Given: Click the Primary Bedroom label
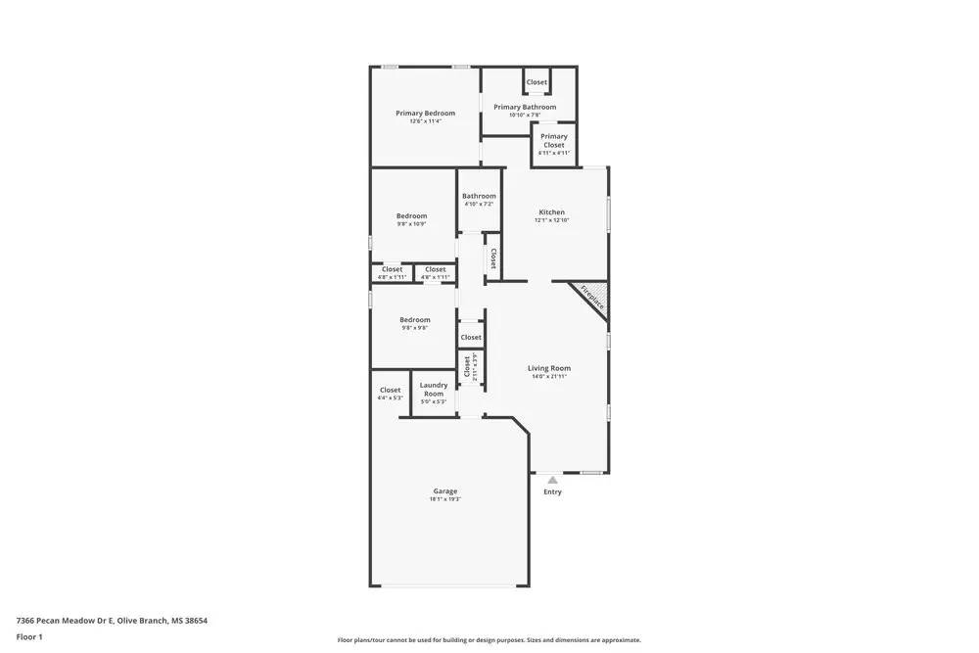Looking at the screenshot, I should coord(425,114).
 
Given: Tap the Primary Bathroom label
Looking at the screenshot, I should coord(525,108).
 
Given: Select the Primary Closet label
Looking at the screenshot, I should coord(554,141).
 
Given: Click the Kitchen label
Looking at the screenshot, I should coord(552,212).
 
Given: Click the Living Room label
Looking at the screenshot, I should coord(549,368).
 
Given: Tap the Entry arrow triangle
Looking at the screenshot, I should coord(552,480).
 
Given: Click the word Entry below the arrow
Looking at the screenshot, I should coord(552,492).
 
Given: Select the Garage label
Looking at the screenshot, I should coord(445,491).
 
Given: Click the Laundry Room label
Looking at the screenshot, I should coord(434,390).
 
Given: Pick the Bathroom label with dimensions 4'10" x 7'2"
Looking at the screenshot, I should coord(480,196).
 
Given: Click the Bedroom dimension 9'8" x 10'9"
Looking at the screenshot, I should coord(411,224).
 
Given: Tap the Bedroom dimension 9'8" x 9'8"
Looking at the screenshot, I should coord(414,328).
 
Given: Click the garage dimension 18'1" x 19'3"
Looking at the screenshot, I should coord(445,499).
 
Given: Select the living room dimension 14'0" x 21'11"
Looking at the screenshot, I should coord(549,376).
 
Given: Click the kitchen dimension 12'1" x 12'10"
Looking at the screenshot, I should coord(552,220).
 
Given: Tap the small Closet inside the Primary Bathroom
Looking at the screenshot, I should coord(536,82).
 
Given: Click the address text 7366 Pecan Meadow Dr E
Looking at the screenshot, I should coord(66,621).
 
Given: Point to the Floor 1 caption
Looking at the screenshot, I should coord(29,637).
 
